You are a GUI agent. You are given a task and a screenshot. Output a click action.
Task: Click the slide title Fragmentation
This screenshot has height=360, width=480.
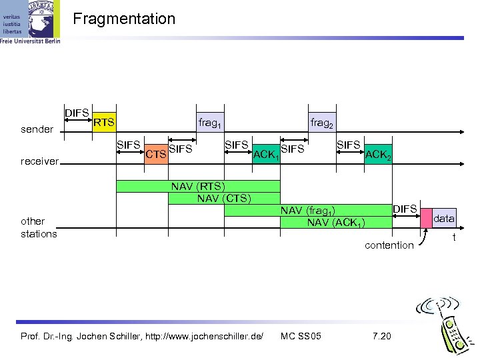tap(124, 19)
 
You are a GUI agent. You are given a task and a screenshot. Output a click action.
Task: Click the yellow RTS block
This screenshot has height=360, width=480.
tap(103, 122)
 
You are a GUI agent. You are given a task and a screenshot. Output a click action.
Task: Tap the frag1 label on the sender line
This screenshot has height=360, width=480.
tap(210, 123)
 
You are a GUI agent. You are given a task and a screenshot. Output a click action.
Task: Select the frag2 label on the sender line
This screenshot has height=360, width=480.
tap(322, 123)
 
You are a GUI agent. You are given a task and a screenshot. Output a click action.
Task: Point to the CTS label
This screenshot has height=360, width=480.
tap(155, 155)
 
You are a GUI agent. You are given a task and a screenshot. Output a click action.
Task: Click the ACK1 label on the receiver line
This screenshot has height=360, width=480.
tap(265, 155)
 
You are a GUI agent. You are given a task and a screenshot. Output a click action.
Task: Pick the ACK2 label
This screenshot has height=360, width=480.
tap(379, 155)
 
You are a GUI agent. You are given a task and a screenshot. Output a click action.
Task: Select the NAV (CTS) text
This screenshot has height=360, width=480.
tap(223, 198)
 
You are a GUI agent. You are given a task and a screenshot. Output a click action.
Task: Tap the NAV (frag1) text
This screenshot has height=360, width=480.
tap(307, 211)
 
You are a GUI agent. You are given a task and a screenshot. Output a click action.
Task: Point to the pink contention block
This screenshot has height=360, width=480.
tap(425, 217)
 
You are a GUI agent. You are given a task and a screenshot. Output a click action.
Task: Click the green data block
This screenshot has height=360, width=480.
tap(444, 218)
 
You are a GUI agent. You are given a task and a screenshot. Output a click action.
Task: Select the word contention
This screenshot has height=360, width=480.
tap(389, 245)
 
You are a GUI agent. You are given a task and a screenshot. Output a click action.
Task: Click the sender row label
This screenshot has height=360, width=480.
tap(37, 129)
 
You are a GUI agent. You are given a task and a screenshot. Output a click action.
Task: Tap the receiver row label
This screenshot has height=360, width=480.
tap(40, 161)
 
